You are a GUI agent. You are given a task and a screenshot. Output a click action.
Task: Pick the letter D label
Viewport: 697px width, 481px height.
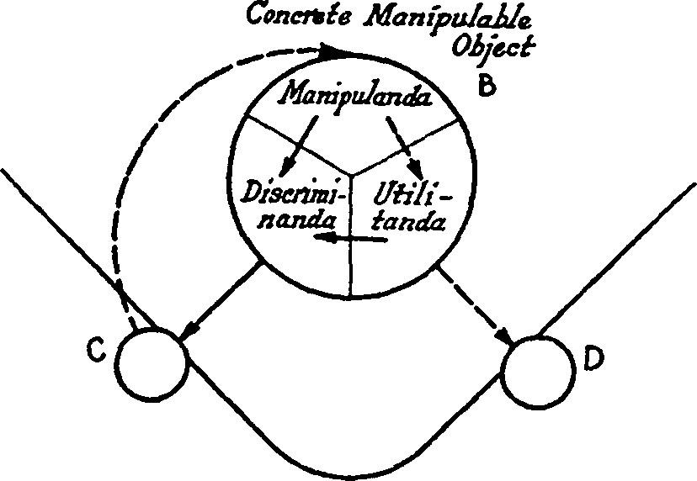[594, 360]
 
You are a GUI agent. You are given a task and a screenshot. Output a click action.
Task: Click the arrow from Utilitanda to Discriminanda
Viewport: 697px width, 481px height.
[352, 240]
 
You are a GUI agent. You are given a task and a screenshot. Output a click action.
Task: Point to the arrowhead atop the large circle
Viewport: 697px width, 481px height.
[338, 52]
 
